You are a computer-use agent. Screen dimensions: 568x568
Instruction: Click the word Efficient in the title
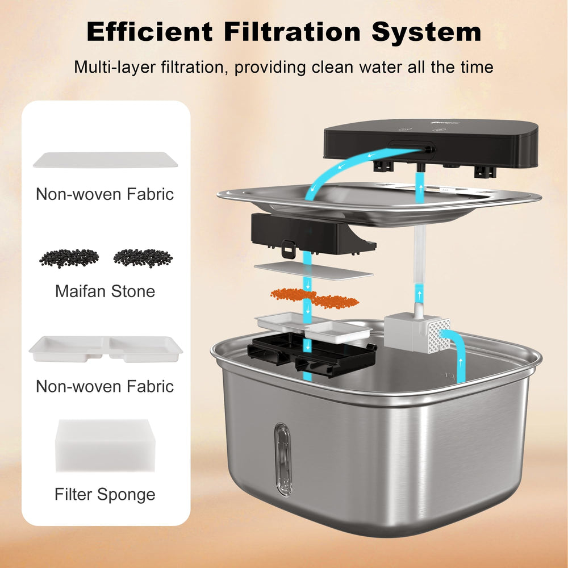149,31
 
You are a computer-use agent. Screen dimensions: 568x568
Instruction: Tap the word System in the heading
427,32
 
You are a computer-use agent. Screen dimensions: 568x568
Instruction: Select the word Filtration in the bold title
293,31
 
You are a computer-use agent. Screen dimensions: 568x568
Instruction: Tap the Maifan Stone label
105,291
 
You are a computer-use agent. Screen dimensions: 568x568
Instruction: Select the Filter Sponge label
105,495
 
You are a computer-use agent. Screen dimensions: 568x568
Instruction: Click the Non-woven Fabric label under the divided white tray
105,386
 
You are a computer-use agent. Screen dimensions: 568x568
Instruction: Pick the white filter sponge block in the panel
106,445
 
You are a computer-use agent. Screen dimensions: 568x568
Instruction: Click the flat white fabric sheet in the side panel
106,160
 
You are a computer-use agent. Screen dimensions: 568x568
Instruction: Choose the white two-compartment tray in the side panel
106,349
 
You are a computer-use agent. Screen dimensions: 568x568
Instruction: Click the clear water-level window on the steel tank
283,459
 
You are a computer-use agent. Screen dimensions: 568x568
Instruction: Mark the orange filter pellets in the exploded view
315,298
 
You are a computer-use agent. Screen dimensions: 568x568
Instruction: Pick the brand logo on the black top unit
445,123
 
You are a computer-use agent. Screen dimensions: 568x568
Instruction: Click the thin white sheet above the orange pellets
314,272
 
